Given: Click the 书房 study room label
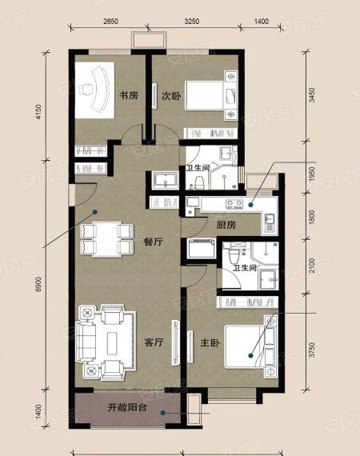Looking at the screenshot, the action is coord(129,95).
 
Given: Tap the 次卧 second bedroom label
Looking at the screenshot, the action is coord(171,96).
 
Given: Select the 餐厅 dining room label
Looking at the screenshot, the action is coord(154,242).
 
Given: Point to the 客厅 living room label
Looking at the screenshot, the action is coord(154,342).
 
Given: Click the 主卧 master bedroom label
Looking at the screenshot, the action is coord(210,343).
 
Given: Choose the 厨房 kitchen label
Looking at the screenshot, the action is coord(226,225).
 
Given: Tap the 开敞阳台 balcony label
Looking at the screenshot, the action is coord(127,407).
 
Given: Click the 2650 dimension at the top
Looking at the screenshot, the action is coord(111,22).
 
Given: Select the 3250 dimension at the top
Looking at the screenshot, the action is coord(192,22).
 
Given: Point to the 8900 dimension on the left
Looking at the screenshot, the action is coord(39,285).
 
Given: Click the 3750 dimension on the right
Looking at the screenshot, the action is coord(312,350).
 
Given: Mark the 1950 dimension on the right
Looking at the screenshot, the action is coord(312,174).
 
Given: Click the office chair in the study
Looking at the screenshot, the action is coord(86,89).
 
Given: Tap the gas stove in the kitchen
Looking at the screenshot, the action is coord(234,204).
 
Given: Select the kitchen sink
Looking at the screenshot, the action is coord(270,222).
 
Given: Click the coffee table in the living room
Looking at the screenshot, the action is coord(112,342).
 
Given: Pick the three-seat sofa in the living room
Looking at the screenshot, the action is coord(86,342).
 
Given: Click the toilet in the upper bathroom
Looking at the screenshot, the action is coord(199,182).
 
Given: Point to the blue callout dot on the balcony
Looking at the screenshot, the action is coord(163,412).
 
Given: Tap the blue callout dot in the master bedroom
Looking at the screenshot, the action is coord(250,355).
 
